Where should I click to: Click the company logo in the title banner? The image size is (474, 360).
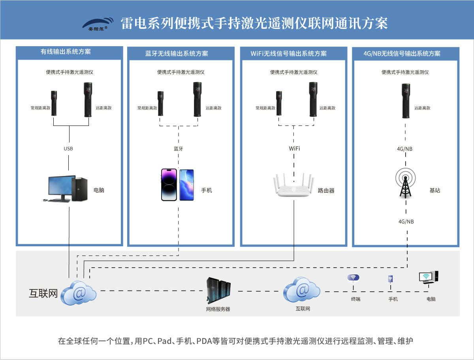tap(98, 24)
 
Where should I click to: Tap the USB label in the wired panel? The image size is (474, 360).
tap(68, 149)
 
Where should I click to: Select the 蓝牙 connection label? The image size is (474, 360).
tap(179, 149)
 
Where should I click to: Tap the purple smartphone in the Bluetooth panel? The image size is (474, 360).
tap(169, 185)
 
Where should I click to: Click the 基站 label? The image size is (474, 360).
tap(435, 190)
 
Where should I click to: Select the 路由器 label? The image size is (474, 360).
tap(326, 190)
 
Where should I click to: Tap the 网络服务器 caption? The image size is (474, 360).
tap(218, 309)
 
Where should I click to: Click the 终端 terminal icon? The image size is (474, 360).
tap(353, 279)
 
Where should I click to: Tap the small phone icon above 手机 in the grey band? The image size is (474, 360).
tap(390, 279)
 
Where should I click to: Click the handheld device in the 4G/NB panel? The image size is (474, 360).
tap(406, 101)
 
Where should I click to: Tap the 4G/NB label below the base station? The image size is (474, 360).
tap(406, 222)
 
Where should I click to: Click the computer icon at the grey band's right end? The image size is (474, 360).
tap(429, 277)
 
